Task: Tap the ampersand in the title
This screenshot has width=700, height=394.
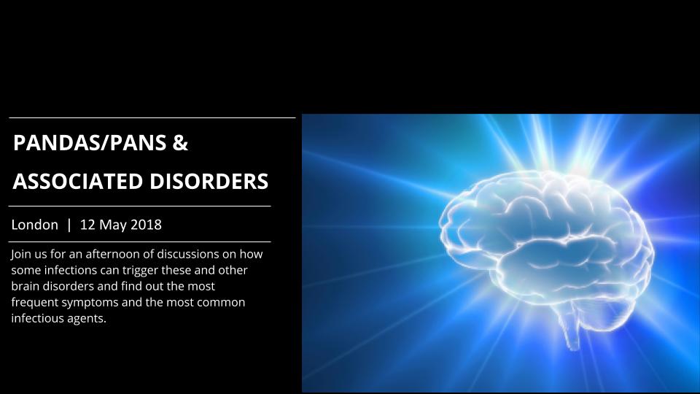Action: [180, 143]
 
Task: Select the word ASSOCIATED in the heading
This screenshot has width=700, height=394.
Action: [78, 182]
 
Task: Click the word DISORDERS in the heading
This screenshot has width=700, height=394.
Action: [209, 182]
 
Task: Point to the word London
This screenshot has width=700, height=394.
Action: [35, 225]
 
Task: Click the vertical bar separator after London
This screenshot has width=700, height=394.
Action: [69, 225]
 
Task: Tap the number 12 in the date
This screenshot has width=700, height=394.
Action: [87, 225]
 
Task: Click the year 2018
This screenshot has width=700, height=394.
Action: [147, 225]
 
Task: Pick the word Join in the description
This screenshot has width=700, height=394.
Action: [21, 254]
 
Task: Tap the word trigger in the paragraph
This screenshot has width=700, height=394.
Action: [140, 271]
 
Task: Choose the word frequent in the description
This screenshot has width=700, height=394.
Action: [35, 303]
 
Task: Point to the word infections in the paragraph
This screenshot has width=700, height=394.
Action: [71, 270]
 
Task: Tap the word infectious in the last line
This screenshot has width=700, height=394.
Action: [37, 318]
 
